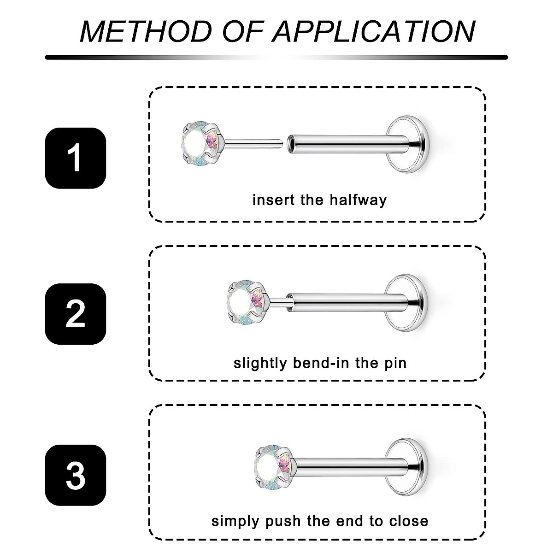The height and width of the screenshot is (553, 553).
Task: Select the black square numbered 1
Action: click(75, 158)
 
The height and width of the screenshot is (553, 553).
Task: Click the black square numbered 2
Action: click(75, 313)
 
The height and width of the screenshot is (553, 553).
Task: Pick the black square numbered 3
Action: click(75, 475)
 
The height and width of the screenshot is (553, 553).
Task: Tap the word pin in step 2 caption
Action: click(395, 364)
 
